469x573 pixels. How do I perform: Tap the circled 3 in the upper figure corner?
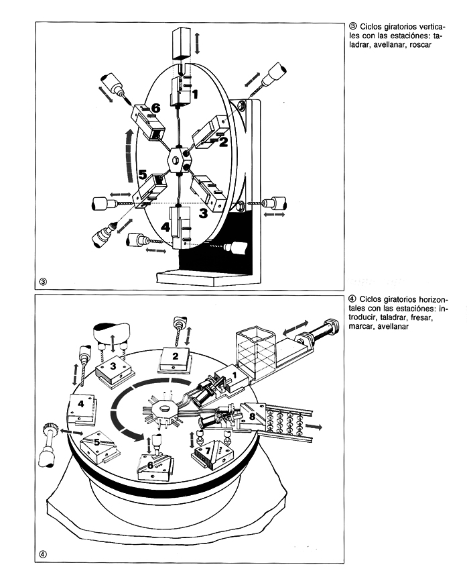tap(44, 280)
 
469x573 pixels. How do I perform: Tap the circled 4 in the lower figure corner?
tap(44, 554)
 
